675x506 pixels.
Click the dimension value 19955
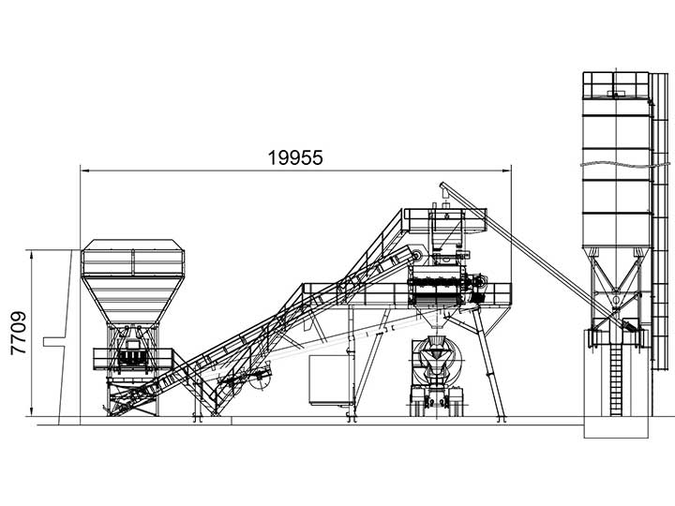click(295, 158)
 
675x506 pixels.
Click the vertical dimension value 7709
click(19, 333)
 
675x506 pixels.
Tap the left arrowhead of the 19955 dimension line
click(85, 171)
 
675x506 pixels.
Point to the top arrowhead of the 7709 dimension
click(32, 254)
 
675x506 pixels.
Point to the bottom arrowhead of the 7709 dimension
click(32, 412)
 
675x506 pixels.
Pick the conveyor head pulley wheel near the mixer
click(416, 257)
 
